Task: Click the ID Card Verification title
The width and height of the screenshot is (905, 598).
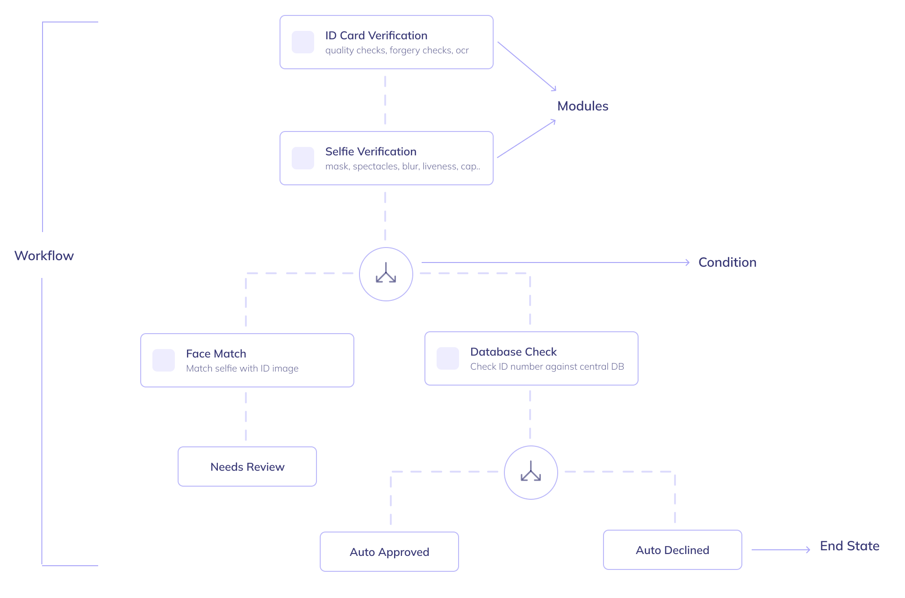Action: click(x=376, y=36)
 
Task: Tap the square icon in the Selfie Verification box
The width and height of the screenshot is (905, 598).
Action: click(x=303, y=158)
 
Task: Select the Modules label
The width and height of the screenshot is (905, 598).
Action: click(x=582, y=106)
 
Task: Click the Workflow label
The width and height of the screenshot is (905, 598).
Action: click(x=44, y=255)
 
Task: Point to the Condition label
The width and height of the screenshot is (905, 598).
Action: click(x=727, y=263)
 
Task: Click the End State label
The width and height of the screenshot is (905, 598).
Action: click(x=849, y=546)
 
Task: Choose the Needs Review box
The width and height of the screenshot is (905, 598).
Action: click(x=247, y=467)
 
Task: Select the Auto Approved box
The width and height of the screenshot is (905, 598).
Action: click(x=389, y=552)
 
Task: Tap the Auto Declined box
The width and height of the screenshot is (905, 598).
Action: click(x=672, y=550)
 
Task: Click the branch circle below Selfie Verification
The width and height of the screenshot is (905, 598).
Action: click(x=386, y=274)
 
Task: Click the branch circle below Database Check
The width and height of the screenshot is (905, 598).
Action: click(x=531, y=473)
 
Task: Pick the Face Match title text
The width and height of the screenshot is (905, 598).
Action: click(x=216, y=354)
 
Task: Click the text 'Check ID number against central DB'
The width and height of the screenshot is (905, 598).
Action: click(x=547, y=366)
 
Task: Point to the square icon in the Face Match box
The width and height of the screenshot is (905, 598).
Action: click(x=164, y=360)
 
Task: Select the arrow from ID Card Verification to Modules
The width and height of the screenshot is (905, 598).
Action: click(x=527, y=66)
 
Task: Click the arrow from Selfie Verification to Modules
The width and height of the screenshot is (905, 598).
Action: click(x=526, y=139)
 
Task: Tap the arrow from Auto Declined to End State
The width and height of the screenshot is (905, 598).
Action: click(x=781, y=550)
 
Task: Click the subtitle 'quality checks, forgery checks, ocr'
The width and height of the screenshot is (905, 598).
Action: click(x=396, y=51)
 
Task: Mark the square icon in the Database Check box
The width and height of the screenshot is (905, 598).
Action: click(x=448, y=358)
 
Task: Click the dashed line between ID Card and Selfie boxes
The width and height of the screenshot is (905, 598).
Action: click(x=385, y=100)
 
